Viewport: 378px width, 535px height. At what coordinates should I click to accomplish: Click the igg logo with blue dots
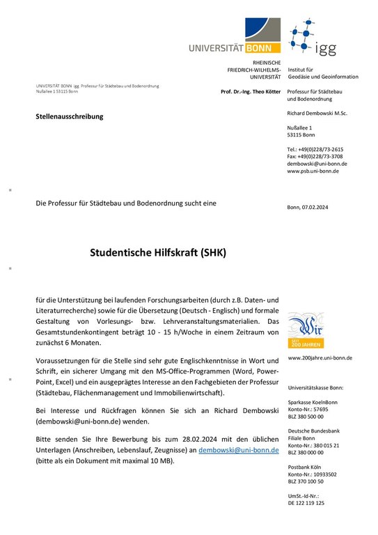click(313, 38)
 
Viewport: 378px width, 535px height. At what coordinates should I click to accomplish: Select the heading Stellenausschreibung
click(69, 116)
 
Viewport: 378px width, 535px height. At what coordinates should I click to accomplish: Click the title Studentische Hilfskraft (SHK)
click(158, 254)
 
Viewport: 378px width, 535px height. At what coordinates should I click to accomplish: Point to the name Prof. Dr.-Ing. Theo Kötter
click(250, 92)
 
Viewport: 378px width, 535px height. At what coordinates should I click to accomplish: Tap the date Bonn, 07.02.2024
click(313, 208)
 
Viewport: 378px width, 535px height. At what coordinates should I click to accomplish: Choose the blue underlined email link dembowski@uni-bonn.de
click(239, 451)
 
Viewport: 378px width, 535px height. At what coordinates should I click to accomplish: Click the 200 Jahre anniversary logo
click(305, 329)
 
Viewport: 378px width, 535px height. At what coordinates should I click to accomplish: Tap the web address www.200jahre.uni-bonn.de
click(320, 358)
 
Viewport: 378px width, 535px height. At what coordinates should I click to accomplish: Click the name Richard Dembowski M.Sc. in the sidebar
click(317, 113)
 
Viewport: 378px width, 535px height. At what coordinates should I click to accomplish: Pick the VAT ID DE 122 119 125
click(306, 502)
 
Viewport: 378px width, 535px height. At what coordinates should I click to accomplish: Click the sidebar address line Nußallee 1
click(300, 127)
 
